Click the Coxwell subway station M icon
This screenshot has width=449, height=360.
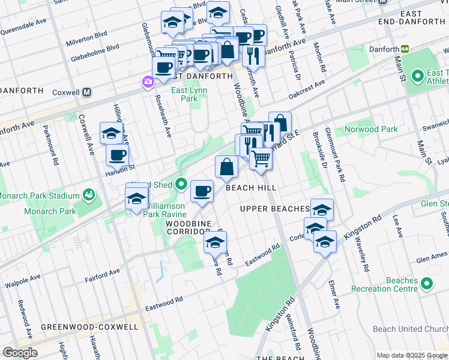(87, 92)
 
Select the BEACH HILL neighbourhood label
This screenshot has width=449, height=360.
(251, 188)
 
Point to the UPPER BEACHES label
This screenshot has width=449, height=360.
(274, 209)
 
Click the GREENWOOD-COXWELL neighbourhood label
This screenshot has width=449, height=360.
(89, 327)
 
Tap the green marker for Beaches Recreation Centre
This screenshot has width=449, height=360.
(427, 282)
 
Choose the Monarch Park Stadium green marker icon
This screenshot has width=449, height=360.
(89, 194)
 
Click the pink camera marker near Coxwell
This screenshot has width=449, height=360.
(148, 81)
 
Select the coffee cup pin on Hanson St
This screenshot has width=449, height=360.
(117, 155)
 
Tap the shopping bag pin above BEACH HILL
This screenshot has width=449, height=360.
(226, 167)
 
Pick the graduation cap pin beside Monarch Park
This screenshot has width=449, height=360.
(136, 199)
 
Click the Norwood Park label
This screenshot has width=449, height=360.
(371, 129)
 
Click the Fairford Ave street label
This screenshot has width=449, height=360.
(102, 272)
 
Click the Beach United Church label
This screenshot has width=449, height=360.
(410, 329)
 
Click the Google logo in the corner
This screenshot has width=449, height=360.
(20, 353)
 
